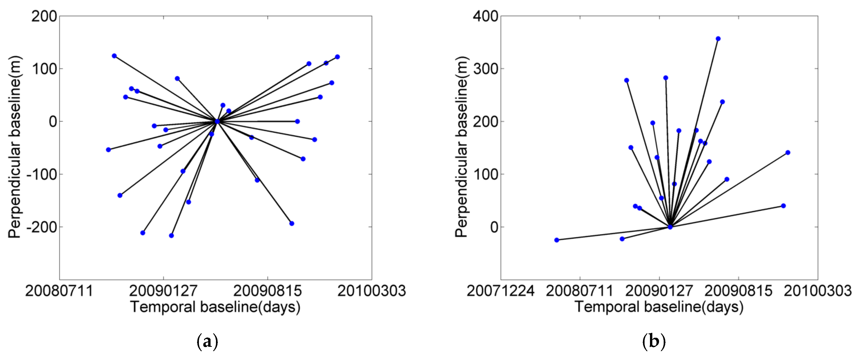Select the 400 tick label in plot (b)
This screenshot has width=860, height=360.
485,16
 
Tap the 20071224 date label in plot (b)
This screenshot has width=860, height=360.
500,291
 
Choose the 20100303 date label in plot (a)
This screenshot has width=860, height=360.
372,291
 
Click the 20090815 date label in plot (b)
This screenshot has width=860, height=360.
738,291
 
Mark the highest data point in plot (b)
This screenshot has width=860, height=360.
718,39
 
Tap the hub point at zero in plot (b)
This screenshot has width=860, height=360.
670,227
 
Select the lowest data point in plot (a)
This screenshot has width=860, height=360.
171,236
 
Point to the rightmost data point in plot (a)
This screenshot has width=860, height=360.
337,57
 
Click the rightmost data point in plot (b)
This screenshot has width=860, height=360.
788,153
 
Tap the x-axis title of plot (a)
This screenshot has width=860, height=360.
215,307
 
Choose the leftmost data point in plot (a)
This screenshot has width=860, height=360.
108,150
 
